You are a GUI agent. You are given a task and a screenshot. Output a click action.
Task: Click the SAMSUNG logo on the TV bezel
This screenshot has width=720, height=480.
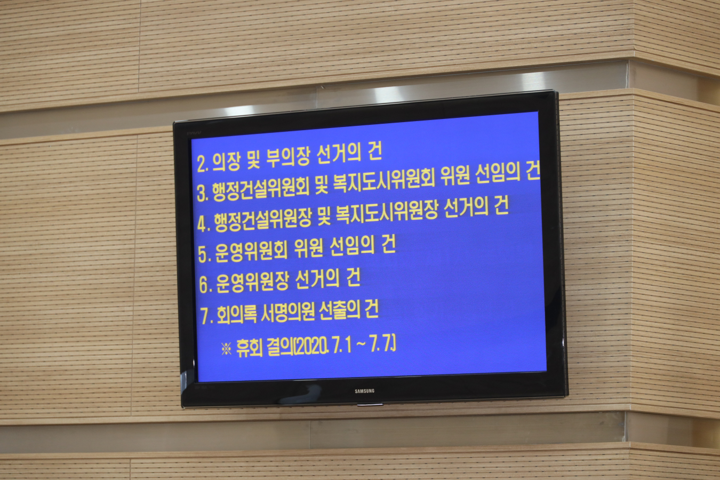click(x=364, y=391)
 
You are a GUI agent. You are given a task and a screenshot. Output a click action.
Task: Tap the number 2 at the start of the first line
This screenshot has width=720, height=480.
click(x=202, y=164)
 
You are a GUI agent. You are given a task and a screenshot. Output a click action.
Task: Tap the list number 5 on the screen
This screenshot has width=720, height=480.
click(x=203, y=254)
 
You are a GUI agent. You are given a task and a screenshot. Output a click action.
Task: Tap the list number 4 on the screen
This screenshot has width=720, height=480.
click(x=203, y=223)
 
